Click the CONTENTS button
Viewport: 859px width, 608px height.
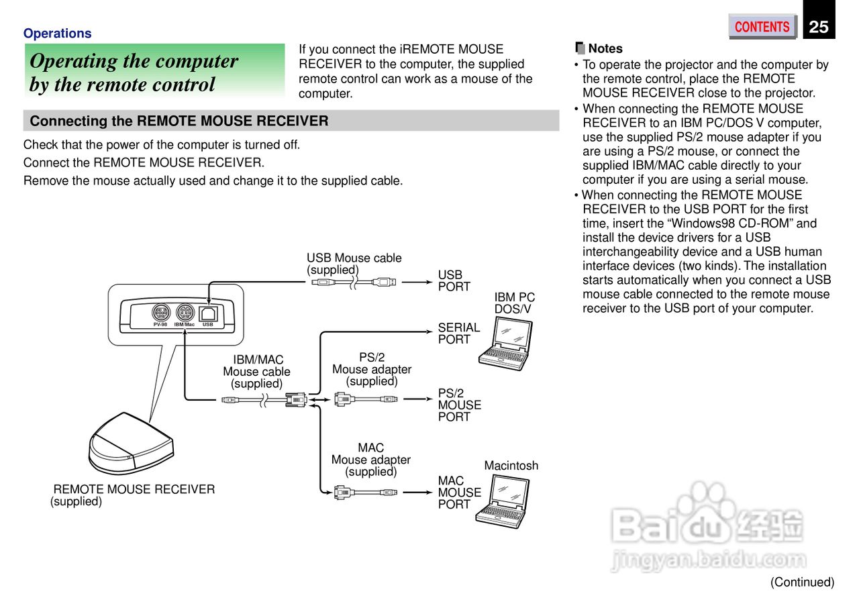[x=762, y=27]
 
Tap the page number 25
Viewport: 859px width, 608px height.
[x=819, y=27]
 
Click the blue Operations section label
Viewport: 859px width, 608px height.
[x=57, y=33]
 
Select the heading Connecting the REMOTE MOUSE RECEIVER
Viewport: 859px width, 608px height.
[x=179, y=121]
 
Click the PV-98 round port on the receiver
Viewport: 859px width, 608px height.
[x=160, y=313]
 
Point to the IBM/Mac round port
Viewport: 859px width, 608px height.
[x=185, y=313]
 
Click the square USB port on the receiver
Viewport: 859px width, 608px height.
[x=208, y=313]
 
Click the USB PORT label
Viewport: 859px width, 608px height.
[x=454, y=281]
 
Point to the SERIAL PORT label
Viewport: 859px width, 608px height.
[x=459, y=334]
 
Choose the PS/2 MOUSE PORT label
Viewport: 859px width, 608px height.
[x=460, y=405]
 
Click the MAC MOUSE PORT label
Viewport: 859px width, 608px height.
[x=460, y=493]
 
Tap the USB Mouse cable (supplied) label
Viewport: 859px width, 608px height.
[x=354, y=264]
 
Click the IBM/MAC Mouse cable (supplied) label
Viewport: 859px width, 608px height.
[x=257, y=372]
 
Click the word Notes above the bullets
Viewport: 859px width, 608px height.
[x=605, y=48]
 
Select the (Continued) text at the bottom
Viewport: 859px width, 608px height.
[x=802, y=582]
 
